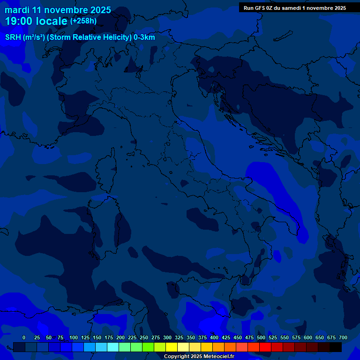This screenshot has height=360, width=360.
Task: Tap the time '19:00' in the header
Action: point(20,22)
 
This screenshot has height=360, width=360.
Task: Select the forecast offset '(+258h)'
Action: point(83,21)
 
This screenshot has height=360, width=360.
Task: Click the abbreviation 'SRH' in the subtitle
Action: point(13,37)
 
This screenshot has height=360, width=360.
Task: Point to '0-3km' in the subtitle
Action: point(144,37)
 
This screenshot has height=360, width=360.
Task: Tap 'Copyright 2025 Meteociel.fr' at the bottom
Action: point(199,357)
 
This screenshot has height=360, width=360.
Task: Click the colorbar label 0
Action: point(24,338)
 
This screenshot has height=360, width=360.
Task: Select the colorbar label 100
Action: point(74,338)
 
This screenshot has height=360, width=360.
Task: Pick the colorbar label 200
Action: point(120,338)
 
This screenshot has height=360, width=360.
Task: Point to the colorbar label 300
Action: point(167,338)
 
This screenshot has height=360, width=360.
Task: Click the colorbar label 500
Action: point(261,338)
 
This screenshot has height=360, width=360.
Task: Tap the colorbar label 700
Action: point(343,338)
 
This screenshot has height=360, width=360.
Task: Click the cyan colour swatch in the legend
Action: point(113,347)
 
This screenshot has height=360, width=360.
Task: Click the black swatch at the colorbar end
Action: point(336,347)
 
